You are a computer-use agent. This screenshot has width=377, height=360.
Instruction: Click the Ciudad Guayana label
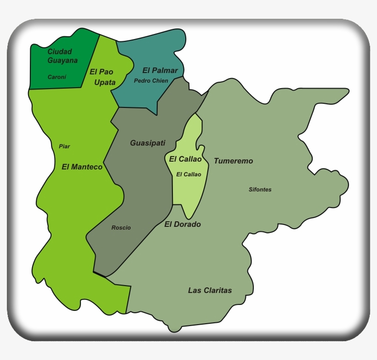point(63,56)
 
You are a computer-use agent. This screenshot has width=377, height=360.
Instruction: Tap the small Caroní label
point(57,77)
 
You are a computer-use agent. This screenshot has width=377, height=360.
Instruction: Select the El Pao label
point(101,72)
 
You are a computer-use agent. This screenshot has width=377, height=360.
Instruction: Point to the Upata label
point(105,83)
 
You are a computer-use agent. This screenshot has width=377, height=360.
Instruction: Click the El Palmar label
point(160,70)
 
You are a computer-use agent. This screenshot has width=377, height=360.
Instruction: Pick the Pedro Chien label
point(151,81)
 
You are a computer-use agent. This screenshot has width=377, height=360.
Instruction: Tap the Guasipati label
point(148,143)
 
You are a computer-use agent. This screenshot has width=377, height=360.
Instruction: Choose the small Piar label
point(64,146)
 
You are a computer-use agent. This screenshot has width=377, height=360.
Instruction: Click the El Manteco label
point(82,167)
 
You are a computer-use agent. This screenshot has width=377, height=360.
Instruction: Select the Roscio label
point(121,228)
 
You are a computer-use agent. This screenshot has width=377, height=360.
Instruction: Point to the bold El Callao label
point(185,159)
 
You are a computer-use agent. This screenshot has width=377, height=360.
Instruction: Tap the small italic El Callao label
point(188,174)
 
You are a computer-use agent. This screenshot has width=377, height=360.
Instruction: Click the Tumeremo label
point(233,161)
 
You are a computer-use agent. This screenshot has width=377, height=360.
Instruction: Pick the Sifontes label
point(260,190)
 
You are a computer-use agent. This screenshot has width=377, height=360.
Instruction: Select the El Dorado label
point(183,225)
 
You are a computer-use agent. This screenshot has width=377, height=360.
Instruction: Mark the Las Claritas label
point(210,290)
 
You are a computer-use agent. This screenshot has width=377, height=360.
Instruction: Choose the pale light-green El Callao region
point(188,193)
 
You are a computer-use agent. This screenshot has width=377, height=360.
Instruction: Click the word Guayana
point(63,61)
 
